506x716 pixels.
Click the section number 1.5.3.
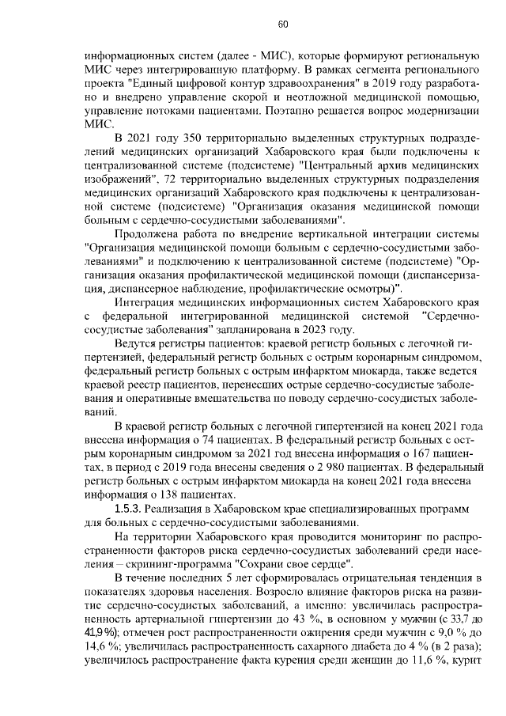pos(130,510)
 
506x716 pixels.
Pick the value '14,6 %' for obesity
pos(99,647)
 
